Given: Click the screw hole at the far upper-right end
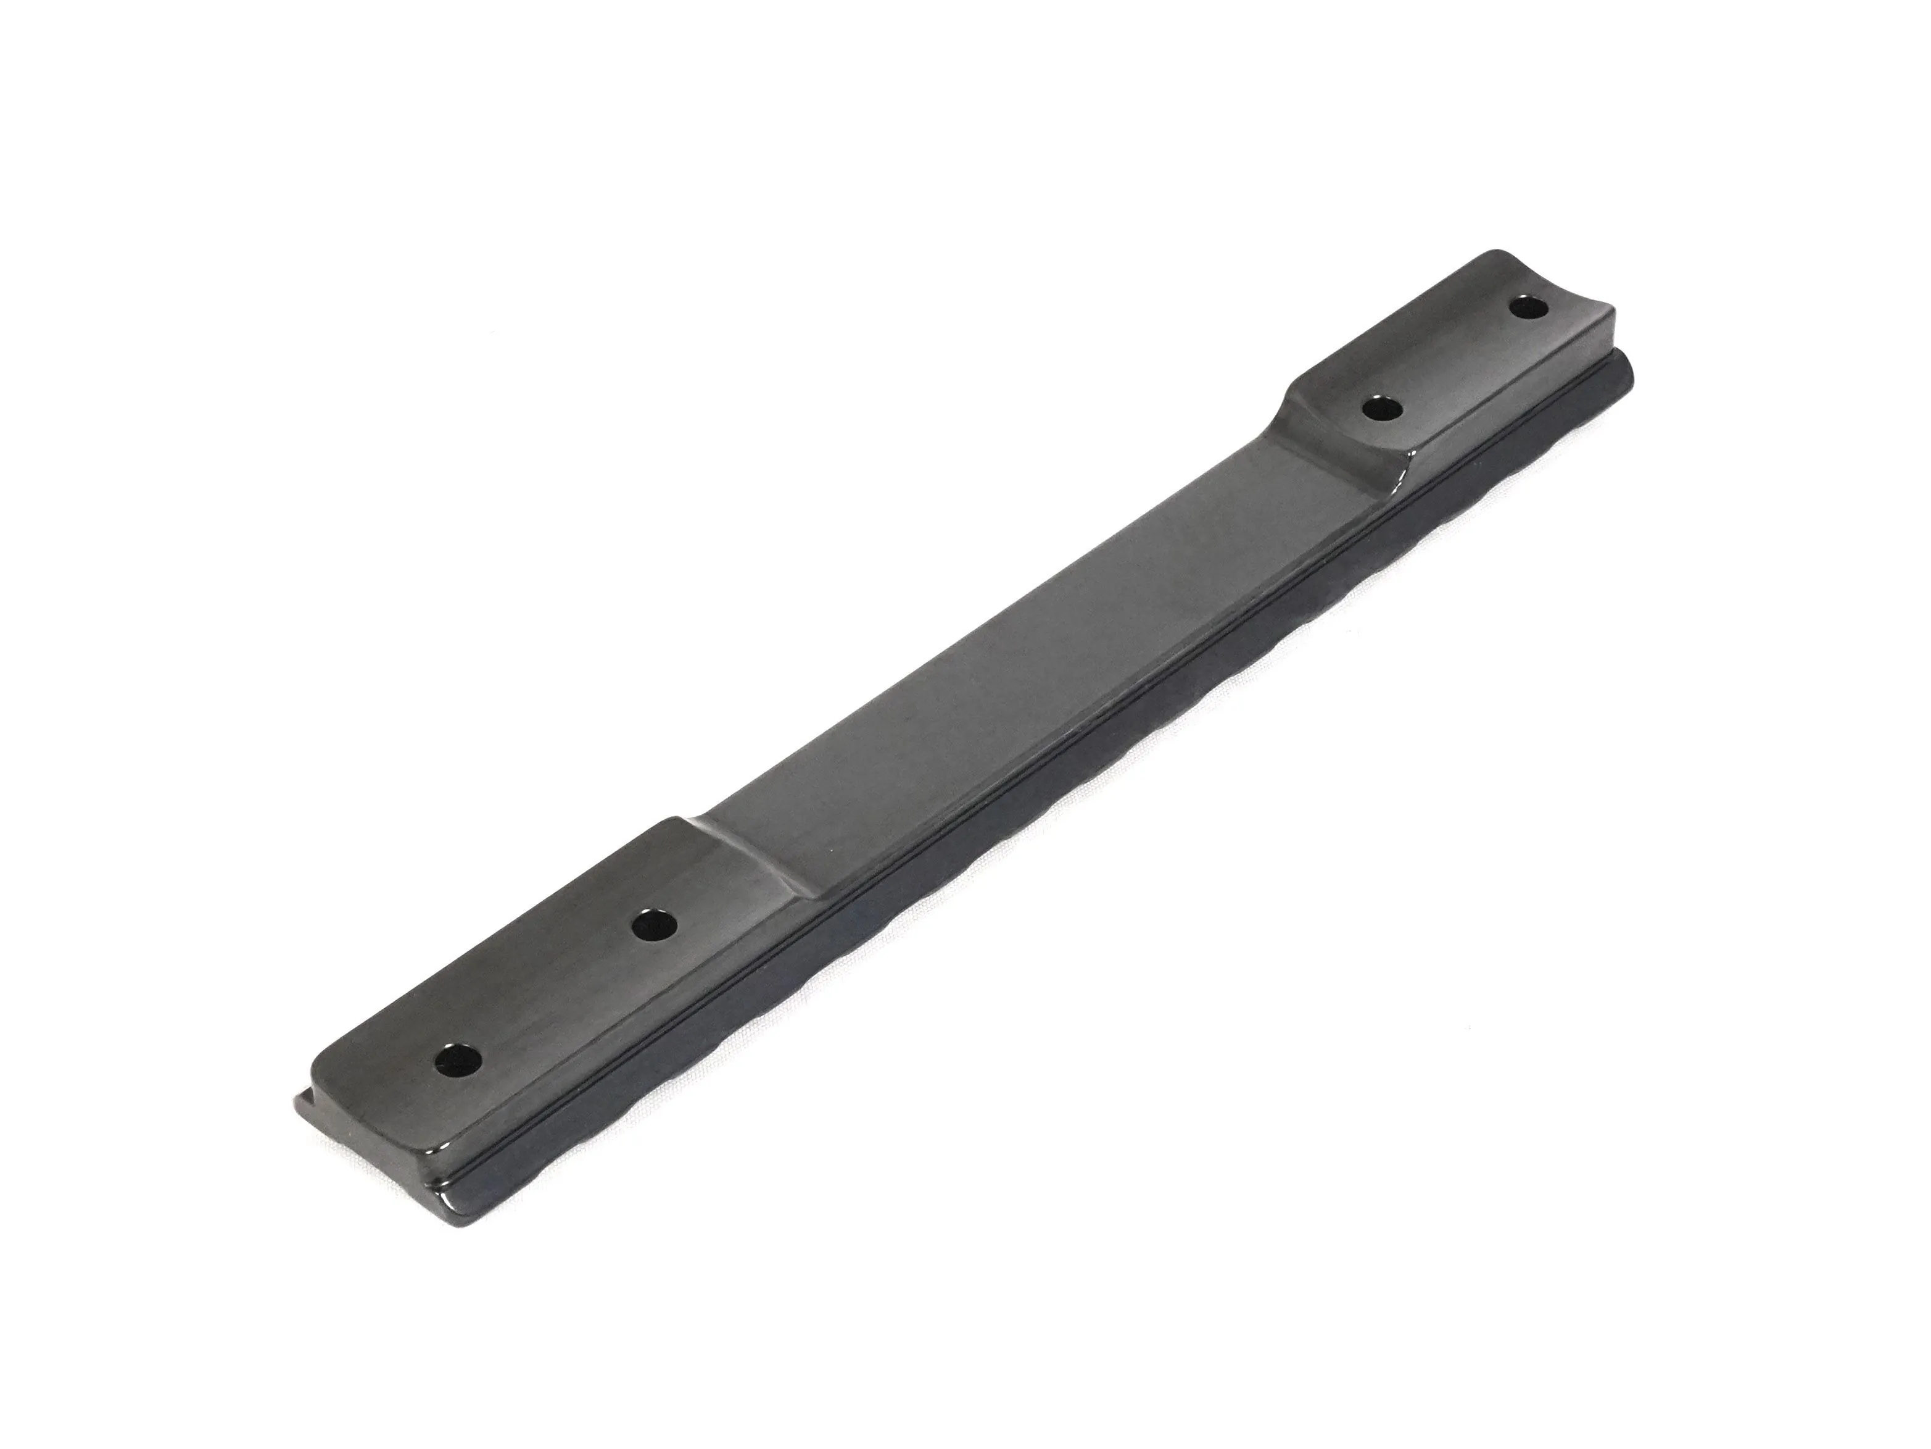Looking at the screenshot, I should click(x=1527, y=307).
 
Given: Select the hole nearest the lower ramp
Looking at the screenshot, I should click(x=654, y=925).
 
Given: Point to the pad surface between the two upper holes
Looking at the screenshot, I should click(x=1453, y=358).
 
